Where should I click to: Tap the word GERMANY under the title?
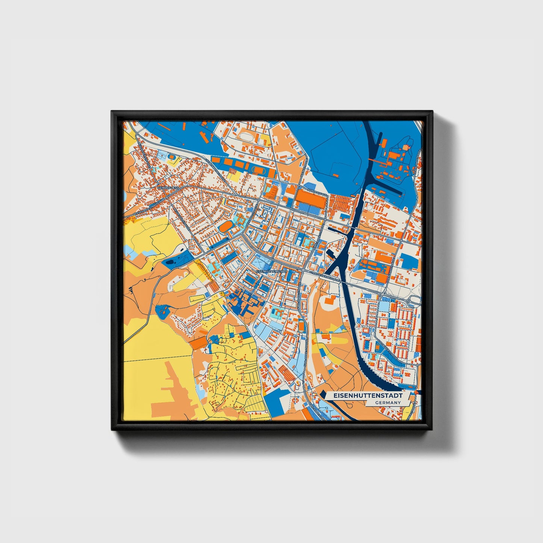[x=387, y=402]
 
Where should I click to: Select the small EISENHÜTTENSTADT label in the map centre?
[x=271, y=271]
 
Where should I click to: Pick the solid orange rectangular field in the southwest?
[x=200, y=342]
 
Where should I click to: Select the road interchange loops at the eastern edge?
[x=414, y=301]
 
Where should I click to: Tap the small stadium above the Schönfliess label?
[x=172, y=157]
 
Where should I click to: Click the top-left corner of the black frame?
[x=112, y=112]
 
